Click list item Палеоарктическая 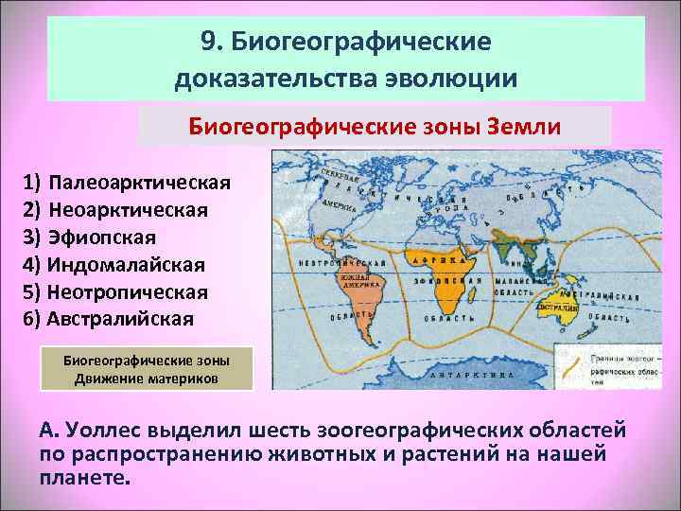coord(141,181)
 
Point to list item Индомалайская coord(127,264)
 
